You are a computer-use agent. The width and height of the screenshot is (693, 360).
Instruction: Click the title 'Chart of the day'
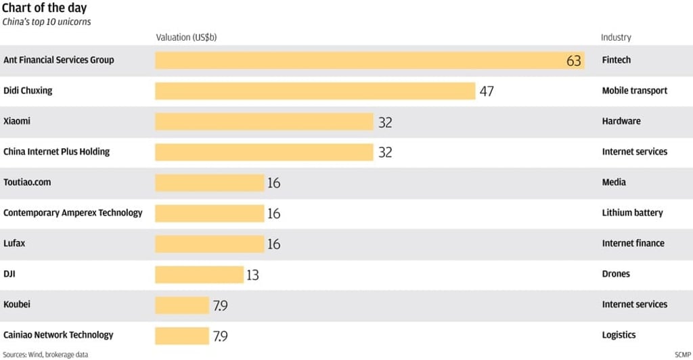click(x=45, y=8)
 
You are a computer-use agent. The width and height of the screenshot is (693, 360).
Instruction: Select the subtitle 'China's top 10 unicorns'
click(x=47, y=22)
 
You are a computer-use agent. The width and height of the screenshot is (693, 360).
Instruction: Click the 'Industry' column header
click(x=616, y=37)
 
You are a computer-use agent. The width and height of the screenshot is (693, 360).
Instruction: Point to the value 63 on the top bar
click(x=573, y=61)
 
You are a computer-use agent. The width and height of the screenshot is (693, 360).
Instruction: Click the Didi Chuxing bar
click(x=315, y=91)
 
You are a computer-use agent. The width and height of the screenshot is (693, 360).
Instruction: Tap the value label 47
click(x=487, y=91)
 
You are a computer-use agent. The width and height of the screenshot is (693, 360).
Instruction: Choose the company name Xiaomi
click(x=17, y=121)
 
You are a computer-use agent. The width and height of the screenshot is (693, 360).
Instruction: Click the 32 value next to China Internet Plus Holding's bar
click(x=385, y=152)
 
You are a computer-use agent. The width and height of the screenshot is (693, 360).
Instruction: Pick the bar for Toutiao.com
click(x=209, y=183)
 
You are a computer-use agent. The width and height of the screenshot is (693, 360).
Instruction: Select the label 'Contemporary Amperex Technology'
click(x=73, y=212)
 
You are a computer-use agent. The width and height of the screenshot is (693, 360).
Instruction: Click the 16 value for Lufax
click(x=273, y=244)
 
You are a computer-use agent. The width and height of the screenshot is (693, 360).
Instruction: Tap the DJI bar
click(x=199, y=274)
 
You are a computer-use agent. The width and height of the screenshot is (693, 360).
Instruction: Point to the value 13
click(x=252, y=275)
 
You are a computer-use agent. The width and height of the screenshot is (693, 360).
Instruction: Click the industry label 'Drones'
click(x=616, y=274)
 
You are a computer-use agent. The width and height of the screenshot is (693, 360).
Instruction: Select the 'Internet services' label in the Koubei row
click(x=634, y=305)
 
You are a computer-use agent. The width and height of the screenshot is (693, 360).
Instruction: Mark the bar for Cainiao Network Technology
click(x=182, y=336)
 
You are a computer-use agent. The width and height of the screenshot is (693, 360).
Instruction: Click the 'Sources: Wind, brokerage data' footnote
click(x=45, y=355)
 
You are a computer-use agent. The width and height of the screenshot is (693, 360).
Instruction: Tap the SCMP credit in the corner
click(x=682, y=355)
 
